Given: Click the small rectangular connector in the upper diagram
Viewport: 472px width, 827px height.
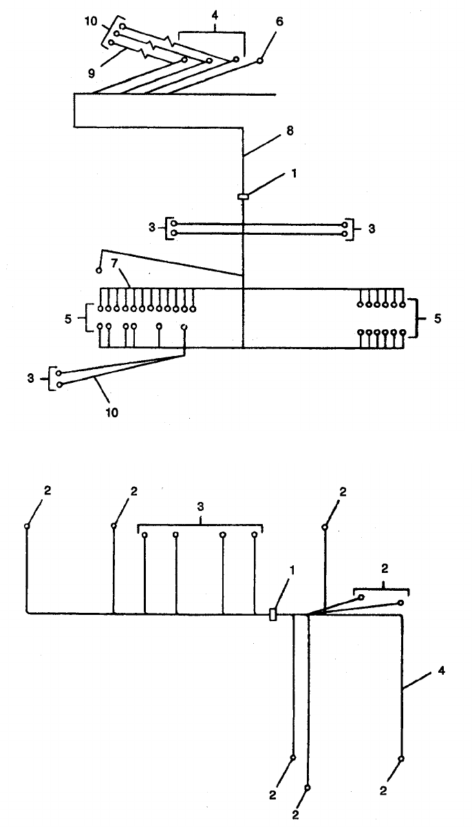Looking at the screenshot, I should [243, 198].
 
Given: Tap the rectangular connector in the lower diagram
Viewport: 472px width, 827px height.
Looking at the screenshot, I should [273, 614].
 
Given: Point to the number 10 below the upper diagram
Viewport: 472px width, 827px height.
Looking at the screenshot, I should [112, 412].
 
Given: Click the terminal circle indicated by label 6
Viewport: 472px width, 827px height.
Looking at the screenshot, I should [259, 62].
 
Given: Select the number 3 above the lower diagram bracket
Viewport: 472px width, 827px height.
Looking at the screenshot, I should [201, 506].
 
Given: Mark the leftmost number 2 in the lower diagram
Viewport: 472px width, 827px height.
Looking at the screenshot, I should [47, 491].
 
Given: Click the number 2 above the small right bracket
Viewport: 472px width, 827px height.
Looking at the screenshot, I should [385, 569].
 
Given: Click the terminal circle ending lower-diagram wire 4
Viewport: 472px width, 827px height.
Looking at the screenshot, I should [401, 759].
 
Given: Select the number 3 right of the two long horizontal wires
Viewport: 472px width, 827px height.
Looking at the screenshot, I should [371, 228].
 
